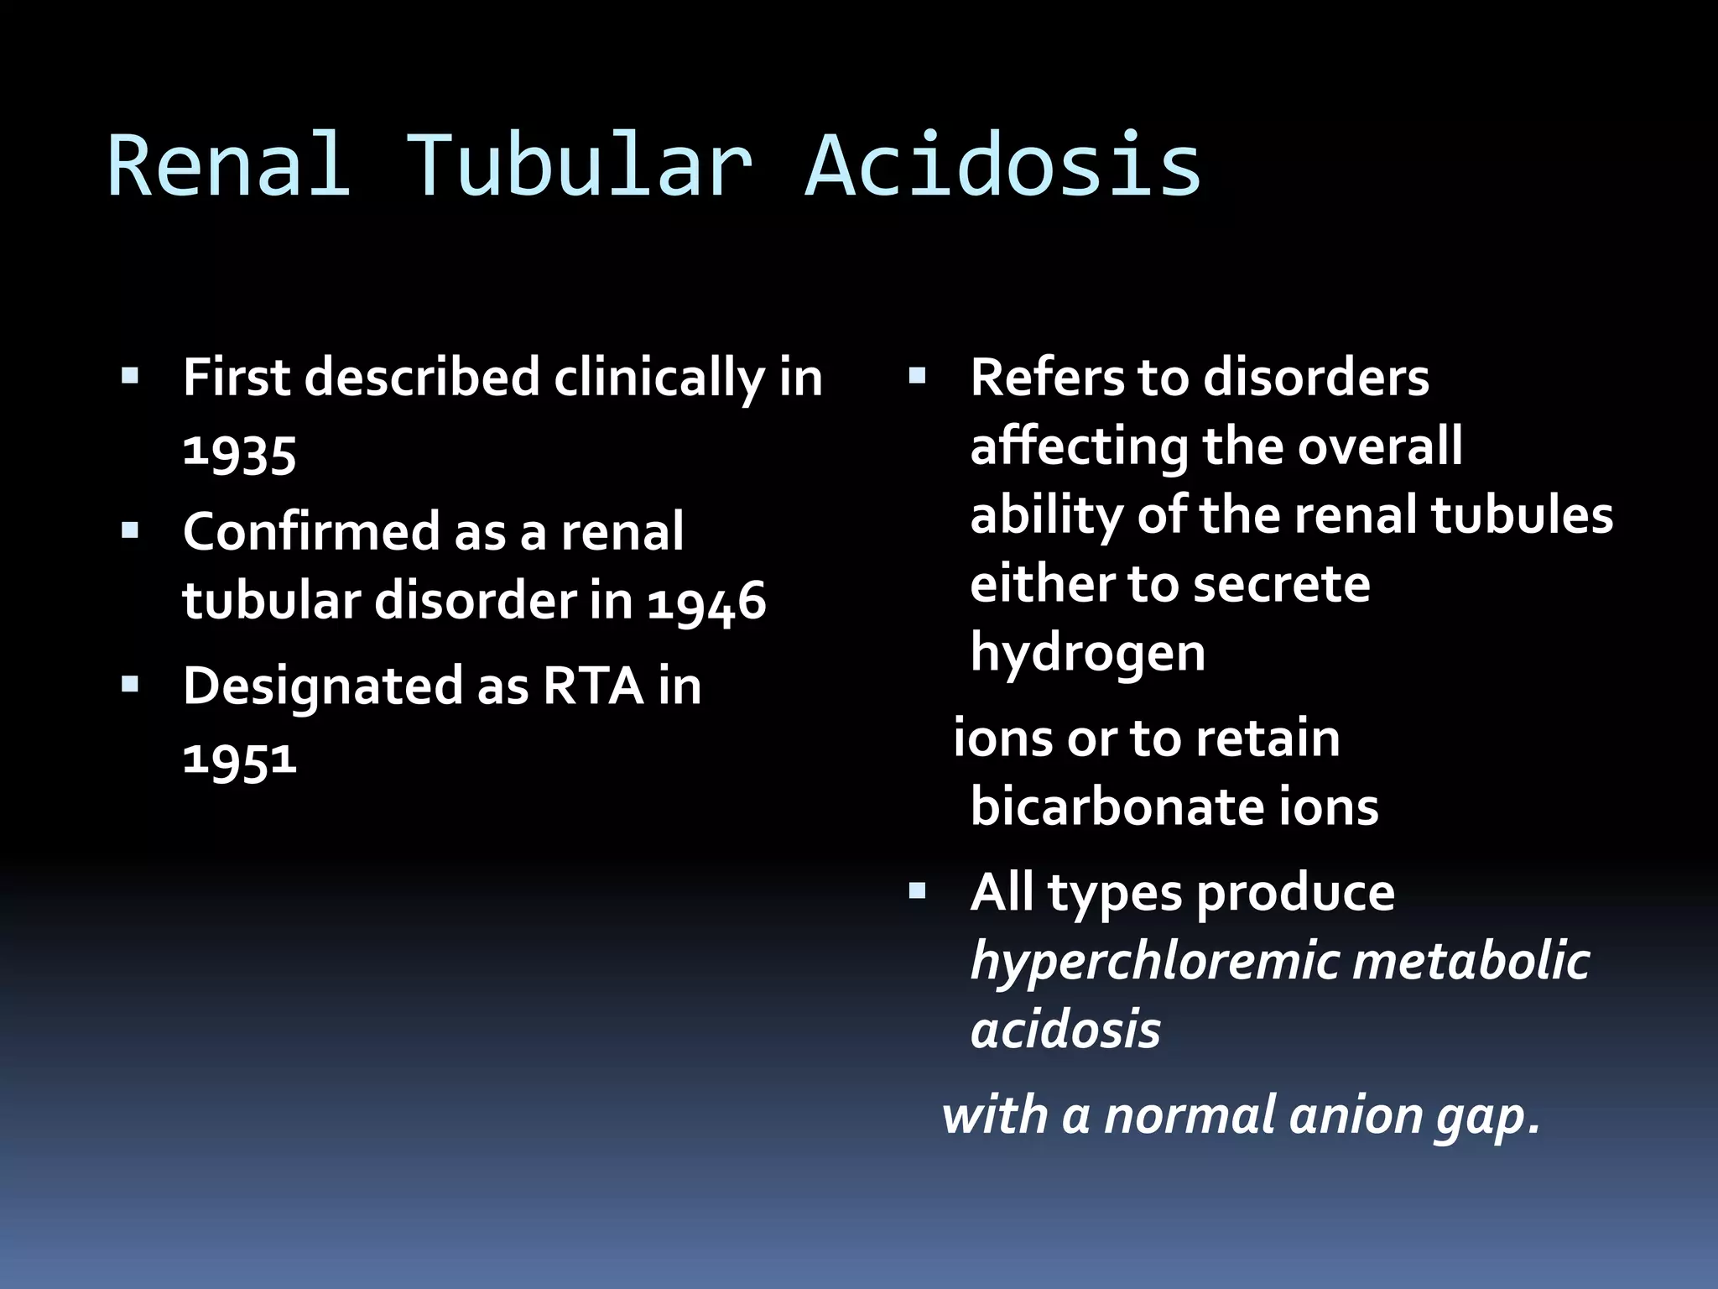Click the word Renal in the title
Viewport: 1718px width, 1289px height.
[x=228, y=166]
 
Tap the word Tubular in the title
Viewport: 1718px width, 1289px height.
[x=579, y=166]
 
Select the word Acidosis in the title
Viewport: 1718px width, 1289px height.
[x=1003, y=166]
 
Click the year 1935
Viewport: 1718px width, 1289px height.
[x=240, y=454]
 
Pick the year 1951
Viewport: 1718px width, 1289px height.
[x=240, y=758]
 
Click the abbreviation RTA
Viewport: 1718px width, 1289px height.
[x=593, y=686]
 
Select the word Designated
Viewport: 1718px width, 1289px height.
[x=322, y=686]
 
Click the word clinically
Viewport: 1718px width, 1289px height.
[x=659, y=378]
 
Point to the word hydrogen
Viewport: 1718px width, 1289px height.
[x=1088, y=653]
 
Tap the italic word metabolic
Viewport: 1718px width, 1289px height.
[x=1471, y=961]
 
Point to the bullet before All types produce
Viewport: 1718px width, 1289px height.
[x=917, y=890]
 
